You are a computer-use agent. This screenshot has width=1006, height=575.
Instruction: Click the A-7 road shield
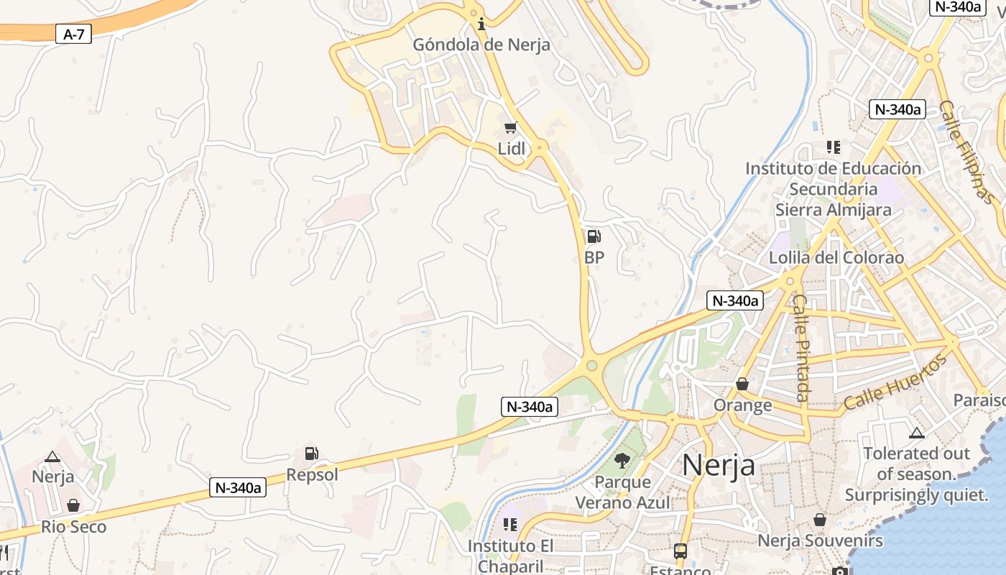(x=74, y=33)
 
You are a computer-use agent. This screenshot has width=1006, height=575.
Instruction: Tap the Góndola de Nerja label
(x=481, y=45)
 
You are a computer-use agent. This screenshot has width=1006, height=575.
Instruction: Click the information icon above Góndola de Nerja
(x=481, y=24)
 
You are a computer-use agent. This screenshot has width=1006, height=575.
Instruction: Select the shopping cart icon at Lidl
(x=511, y=128)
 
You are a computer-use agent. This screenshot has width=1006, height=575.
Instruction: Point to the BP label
(x=594, y=257)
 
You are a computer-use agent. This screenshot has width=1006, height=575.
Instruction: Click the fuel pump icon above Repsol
(x=312, y=454)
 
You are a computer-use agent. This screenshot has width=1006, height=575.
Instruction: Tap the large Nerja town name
(x=718, y=465)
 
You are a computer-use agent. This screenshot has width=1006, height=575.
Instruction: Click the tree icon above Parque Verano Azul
(x=622, y=461)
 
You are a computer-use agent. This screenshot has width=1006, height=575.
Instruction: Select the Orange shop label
(x=742, y=405)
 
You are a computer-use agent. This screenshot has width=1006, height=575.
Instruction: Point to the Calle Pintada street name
(x=802, y=348)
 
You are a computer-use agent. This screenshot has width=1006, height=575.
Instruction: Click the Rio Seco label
(x=73, y=527)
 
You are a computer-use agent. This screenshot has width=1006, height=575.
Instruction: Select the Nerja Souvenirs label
(x=820, y=540)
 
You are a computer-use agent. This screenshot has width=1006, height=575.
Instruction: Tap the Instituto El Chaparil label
(x=510, y=556)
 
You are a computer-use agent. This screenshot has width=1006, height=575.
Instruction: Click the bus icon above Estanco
(x=680, y=551)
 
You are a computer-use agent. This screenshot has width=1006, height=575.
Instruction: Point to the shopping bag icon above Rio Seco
(x=73, y=505)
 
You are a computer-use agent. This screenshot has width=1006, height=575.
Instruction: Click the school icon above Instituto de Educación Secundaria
(x=834, y=147)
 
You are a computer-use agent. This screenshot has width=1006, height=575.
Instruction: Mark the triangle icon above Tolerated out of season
(x=916, y=433)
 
